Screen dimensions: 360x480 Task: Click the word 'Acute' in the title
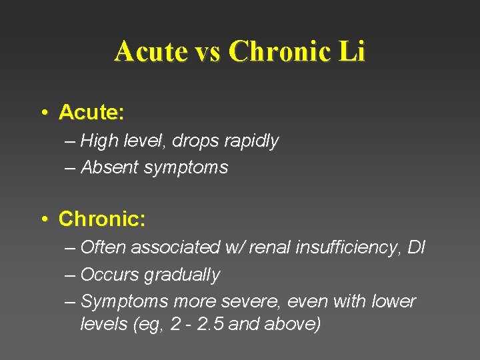click(x=149, y=51)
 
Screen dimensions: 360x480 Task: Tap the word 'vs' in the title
click(x=207, y=51)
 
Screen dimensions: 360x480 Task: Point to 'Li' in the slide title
click(x=352, y=51)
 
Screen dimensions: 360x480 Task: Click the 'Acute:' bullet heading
click(x=91, y=113)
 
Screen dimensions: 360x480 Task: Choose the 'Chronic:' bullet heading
click(x=102, y=219)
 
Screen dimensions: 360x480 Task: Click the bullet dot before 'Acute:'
click(x=43, y=113)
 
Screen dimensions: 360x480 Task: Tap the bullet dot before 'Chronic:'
click(x=43, y=219)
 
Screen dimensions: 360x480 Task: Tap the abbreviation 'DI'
click(x=417, y=247)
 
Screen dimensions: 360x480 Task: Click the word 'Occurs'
click(x=107, y=274)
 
